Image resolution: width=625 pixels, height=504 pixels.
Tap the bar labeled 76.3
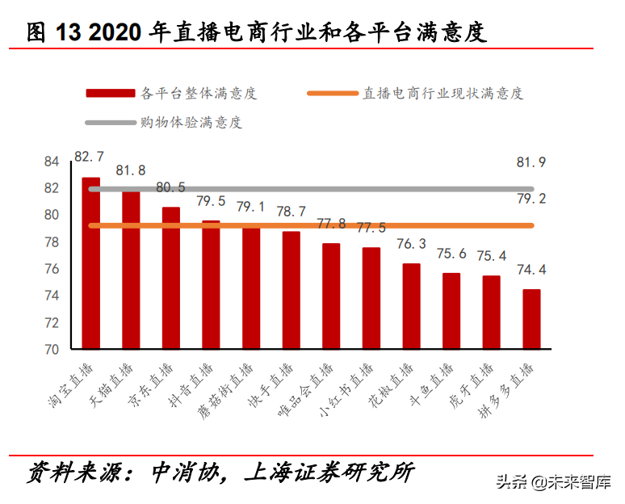point(411,306)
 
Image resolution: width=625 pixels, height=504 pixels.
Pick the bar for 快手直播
point(292,290)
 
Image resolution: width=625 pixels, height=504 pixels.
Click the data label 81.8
point(131,170)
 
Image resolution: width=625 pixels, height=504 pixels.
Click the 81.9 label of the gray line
point(531,162)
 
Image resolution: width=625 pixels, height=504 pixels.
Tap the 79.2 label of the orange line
point(531,198)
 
